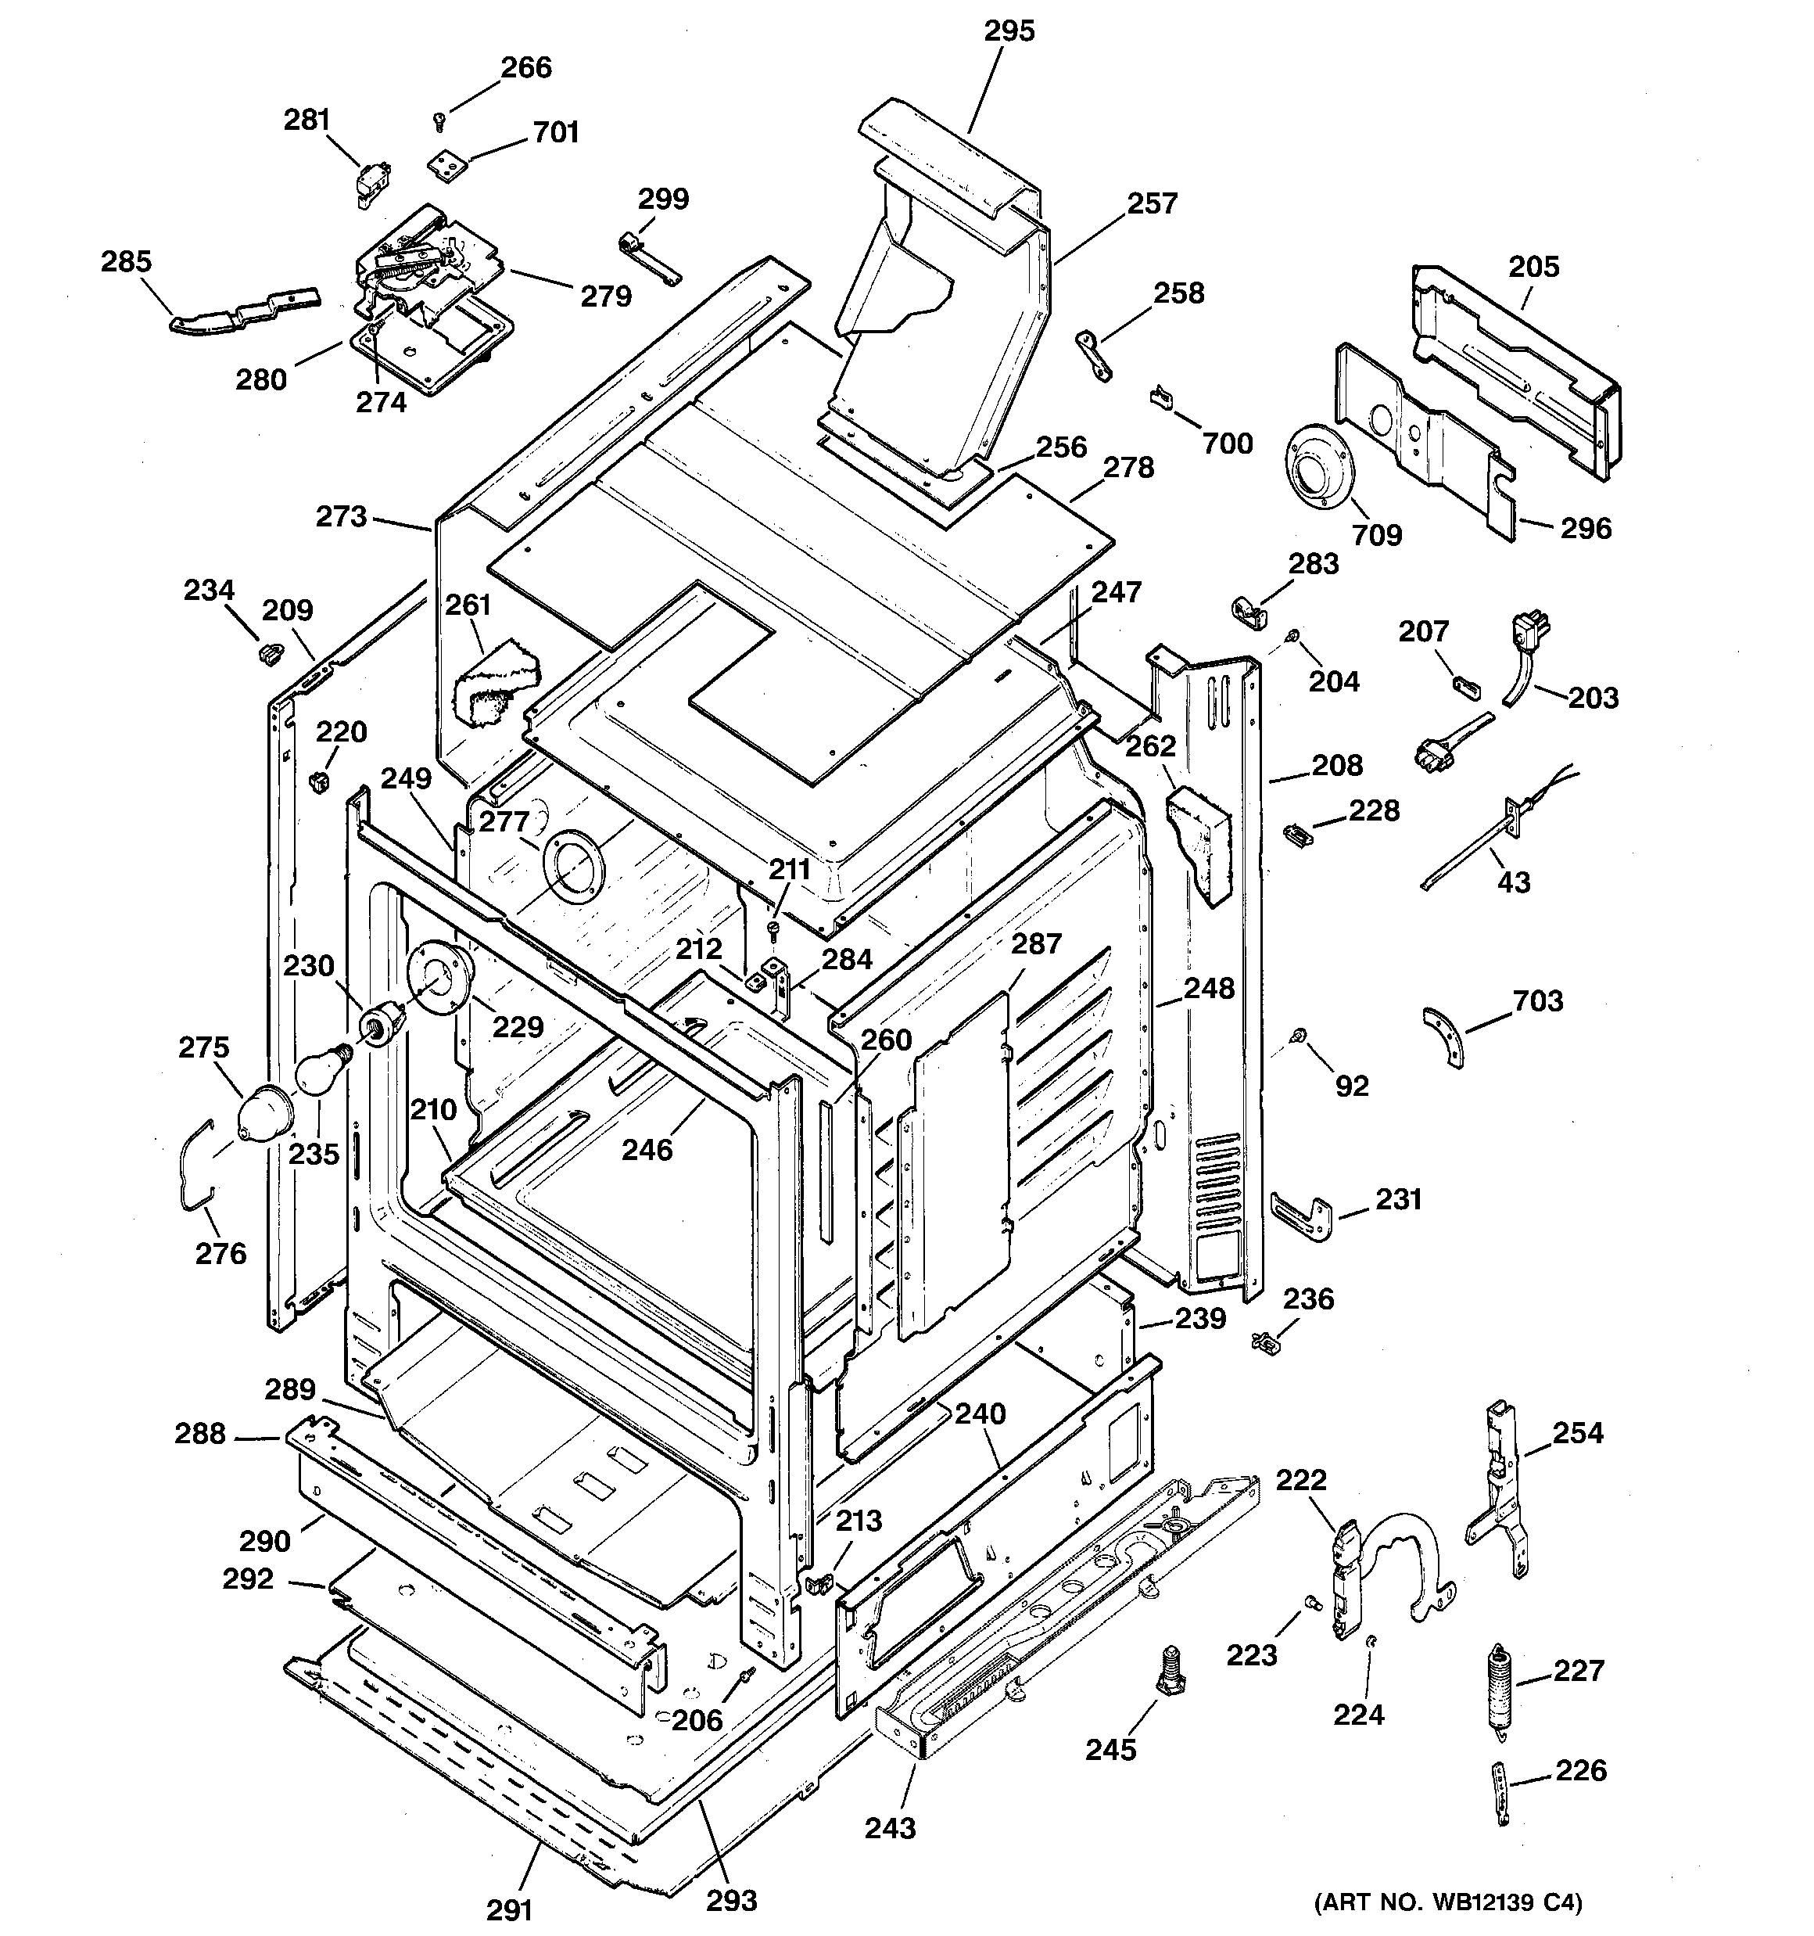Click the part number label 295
1009,31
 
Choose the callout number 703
1537,1000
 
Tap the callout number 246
647,1149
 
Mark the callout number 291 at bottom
509,1909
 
